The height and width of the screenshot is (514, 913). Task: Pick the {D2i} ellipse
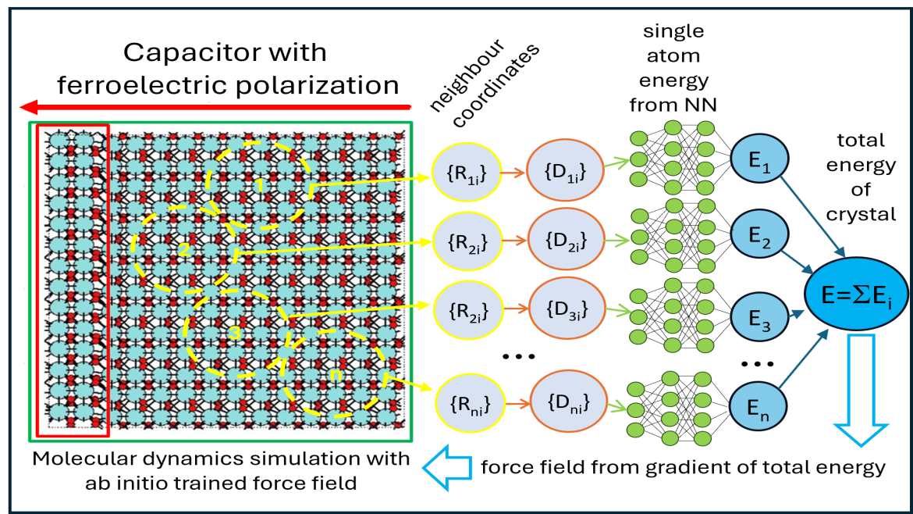tap(567, 241)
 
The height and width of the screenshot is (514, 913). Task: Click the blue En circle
tap(758, 405)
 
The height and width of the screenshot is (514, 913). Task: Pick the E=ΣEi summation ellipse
tap(858, 294)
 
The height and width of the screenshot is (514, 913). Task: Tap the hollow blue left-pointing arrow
tap(447, 467)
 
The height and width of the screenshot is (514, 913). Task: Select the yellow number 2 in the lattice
tap(184, 250)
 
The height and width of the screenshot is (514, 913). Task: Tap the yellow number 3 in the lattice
tap(234, 333)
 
